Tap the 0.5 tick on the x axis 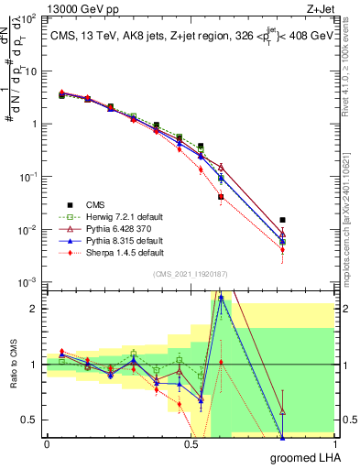pyautogui.click(x=191, y=443)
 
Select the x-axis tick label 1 pyautogui.click(x=335, y=443)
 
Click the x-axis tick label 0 pyautogui.click(x=47, y=443)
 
